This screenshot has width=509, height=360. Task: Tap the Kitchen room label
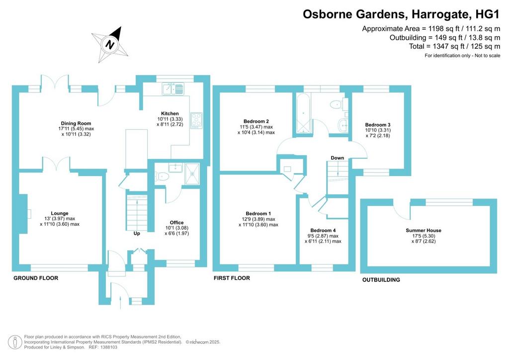170,113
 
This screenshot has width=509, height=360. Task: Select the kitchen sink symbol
173,89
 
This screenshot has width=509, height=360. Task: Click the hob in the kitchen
196,120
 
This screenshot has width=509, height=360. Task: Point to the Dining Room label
76,123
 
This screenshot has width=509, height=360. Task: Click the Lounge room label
60,213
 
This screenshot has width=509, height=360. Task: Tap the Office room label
176,222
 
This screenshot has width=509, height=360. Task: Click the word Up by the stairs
137,233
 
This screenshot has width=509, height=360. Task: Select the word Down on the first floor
338,158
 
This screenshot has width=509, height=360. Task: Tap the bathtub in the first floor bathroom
303,113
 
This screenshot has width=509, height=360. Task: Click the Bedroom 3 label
378,125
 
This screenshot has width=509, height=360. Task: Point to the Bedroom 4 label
323,231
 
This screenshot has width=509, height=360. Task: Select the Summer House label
424,231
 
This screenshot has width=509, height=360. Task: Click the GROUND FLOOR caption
36,278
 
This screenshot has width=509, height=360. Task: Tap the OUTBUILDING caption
381,280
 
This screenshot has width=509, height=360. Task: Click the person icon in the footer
15,342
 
